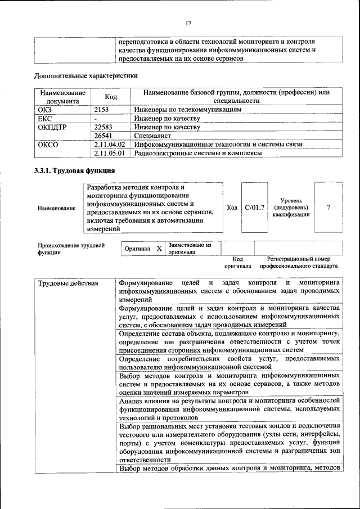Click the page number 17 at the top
point(188,22)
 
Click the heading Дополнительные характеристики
point(86,75)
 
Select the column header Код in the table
point(111,97)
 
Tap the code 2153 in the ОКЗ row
point(101,110)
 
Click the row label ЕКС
point(44,119)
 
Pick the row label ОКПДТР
point(52,127)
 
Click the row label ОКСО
point(48,144)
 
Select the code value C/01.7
point(255,208)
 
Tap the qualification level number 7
point(328,208)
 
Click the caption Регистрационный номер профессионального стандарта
point(299,262)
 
